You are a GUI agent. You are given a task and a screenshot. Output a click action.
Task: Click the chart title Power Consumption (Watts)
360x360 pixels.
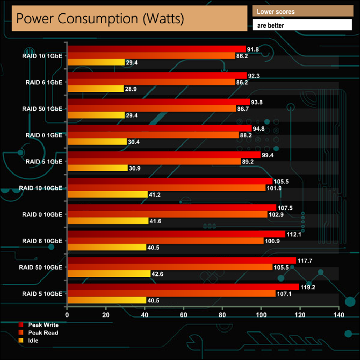pyautogui.click(x=99, y=18)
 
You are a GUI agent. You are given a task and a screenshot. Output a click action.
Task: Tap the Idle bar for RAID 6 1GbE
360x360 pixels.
pyautogui.click(x=95, y=89)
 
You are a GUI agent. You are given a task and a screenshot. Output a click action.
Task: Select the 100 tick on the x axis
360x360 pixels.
pyautogui.click(x=261, y=315)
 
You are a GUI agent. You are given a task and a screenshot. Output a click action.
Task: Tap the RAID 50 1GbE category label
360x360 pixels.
pyautogui.click(x=43, y=109)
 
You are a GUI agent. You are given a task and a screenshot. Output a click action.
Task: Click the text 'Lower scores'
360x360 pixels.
pyautogui.click(x=276, y=11)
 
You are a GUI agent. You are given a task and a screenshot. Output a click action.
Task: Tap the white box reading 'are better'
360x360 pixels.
pyautogui.click(x=302, y=25)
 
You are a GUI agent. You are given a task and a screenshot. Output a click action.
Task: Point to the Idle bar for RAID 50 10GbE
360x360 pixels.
pyautogui.click(x=109, y=274)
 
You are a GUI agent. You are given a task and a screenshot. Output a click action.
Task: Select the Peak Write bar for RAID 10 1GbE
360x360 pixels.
pyautogui.click(x=156, y=49)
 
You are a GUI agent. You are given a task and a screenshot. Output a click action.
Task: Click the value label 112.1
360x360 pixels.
pyautogui.click(x=294, y=234)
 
